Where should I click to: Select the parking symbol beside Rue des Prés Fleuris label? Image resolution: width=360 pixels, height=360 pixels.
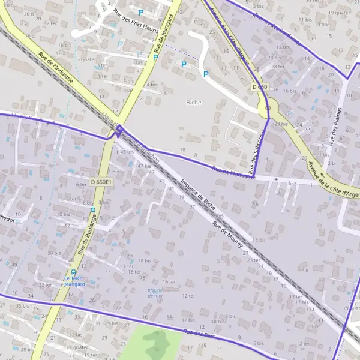(x=141, y=12)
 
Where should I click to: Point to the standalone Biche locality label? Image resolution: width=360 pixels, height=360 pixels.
(x=194, y=102)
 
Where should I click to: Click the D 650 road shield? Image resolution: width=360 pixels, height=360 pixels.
(x=259, y=88)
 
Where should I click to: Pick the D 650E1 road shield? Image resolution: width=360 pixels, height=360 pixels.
(x=101, y=181)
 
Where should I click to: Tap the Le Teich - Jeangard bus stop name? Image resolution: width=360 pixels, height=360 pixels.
(x=75, y=281)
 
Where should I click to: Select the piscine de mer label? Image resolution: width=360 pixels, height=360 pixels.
(x=155, y=292)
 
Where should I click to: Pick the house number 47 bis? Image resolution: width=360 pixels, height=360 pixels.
(x=144, y=166)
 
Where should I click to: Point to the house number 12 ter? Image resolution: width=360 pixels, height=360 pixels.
(x=188, y=296)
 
